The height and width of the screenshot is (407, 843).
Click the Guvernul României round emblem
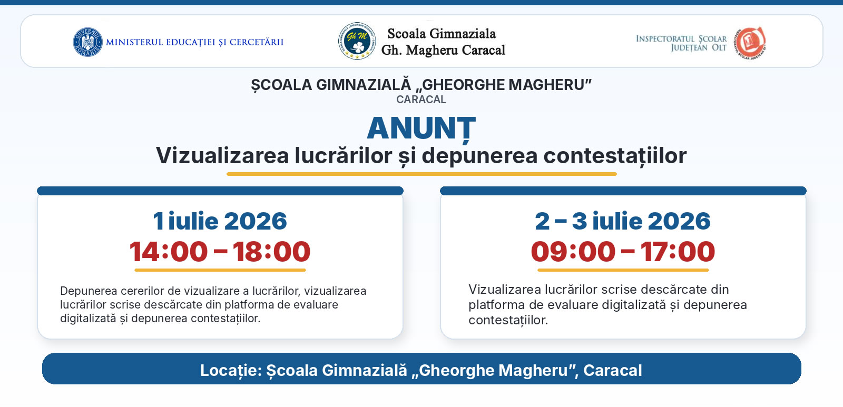pos(87,42)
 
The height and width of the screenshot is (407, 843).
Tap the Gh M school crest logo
pos(357,41)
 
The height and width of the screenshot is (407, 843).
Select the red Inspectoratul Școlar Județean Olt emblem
pos(750,43)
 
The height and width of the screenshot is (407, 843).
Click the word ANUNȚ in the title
pos(421,129)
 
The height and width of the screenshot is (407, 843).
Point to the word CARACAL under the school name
pos(421,100)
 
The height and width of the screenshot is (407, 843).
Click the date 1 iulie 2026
pos(220,221)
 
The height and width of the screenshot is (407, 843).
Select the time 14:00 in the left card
pos(169,251)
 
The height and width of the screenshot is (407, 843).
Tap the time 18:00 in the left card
pos(271,251)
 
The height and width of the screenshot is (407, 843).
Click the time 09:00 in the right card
pos(573,251)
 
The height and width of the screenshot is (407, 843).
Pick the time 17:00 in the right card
pos(678,251)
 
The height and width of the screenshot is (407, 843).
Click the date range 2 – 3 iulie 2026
pos(623,221)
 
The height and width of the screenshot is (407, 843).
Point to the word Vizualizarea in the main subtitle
pos(222,155)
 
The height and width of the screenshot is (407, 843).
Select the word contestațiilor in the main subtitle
pos(615,156)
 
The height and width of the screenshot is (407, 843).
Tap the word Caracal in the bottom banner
pos(613,371)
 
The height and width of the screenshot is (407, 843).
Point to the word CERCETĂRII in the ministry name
pos(257,42)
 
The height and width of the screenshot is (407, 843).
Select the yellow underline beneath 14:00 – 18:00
pos(220,270)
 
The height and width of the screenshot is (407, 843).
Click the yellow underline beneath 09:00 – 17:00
pos(623,270)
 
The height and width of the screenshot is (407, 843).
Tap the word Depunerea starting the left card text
pos(90,291)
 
